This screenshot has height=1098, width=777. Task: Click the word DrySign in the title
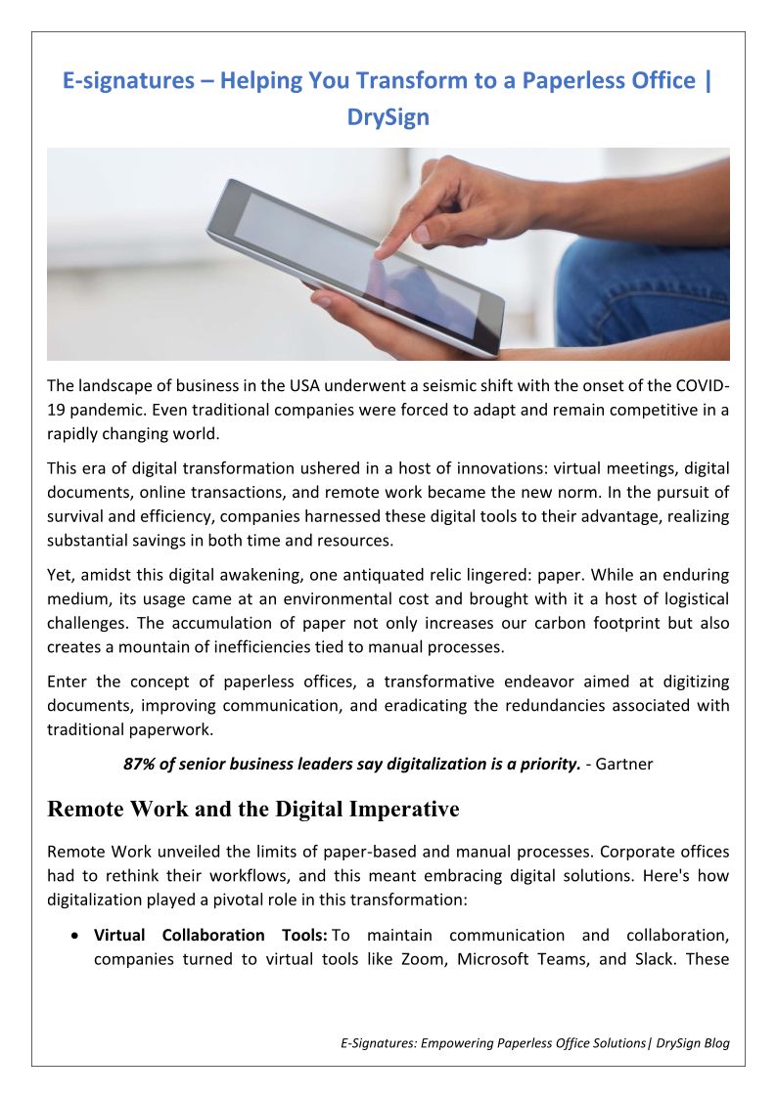point(388,117)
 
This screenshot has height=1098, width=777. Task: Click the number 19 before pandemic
point(58,410)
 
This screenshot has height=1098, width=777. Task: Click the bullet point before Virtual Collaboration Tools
point(75,936)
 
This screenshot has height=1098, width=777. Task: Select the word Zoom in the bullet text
point(423,959)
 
